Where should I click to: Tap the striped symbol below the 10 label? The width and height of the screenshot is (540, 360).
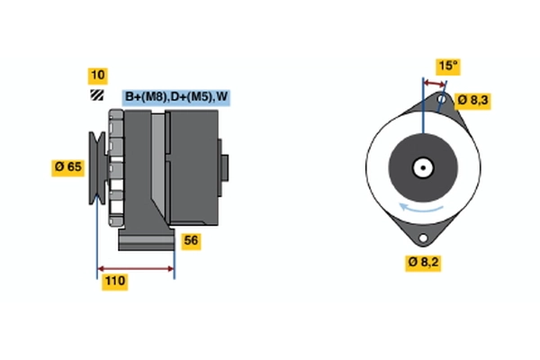tap(95, 95)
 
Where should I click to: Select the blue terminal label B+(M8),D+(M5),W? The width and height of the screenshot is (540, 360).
tap(175, 97)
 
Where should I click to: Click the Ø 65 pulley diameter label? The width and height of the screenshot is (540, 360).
tap(68, 166)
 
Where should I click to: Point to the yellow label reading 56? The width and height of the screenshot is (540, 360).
tap(191, 240)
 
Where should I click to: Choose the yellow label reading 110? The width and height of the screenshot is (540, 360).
tap(114, 282)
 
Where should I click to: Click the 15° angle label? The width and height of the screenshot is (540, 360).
tap(447, 66)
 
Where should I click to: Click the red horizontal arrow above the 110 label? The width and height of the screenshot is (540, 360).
tap(136, 268)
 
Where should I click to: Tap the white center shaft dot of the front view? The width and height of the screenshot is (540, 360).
tap(421, 167)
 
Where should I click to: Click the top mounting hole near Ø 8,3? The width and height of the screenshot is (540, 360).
tap(443, 100)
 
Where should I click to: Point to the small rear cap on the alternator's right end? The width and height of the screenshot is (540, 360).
tap(223, 166)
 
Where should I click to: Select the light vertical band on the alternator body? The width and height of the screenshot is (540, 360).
tap(158, 166)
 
